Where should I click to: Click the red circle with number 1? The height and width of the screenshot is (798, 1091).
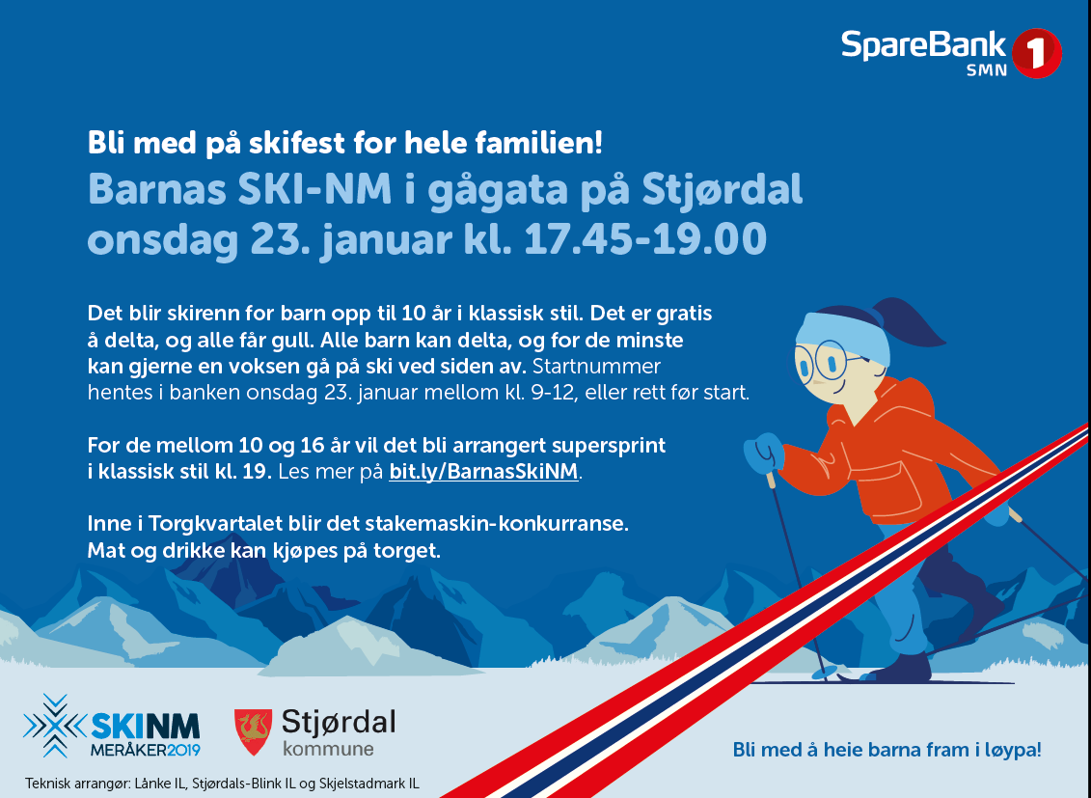[1036, 53]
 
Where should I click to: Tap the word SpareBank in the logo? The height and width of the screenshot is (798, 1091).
[923, 45]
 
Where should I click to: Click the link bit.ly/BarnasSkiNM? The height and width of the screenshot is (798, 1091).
[483, 472]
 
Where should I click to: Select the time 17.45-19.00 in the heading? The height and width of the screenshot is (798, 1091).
[645, 238]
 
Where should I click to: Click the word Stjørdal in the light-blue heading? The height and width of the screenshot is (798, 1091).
[722, 190]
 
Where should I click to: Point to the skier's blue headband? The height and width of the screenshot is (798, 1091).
[842, 336]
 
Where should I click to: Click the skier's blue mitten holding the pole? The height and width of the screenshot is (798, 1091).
[763, 453]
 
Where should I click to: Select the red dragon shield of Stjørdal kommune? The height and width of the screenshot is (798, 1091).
[254, 732]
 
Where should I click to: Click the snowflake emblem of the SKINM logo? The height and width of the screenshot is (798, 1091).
[55, 726]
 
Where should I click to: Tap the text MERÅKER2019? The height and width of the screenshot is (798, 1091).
[146, 750]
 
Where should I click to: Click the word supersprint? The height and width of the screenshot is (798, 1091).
[608, 446]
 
